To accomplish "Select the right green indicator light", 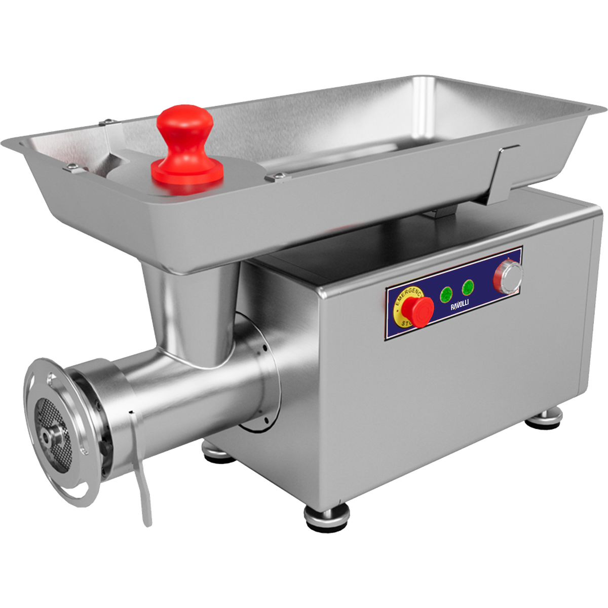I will (468, 287).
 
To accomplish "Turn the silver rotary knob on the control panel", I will (507, 276).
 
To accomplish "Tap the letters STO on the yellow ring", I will (406, 323).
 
